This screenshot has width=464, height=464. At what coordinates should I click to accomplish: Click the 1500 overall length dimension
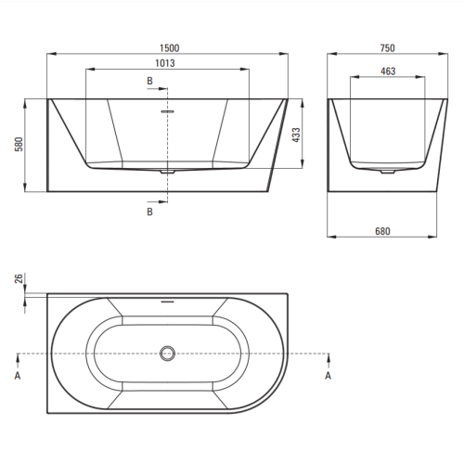pos(170,48)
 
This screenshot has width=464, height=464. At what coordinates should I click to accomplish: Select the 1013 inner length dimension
pos(165,63)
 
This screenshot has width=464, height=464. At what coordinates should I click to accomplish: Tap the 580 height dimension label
pos(19,144)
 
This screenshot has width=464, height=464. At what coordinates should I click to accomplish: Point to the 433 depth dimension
pos(296,135)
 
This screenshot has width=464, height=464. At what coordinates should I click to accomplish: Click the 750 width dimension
pos(388,48)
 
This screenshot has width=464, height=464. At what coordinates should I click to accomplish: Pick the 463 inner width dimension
pos(388,71)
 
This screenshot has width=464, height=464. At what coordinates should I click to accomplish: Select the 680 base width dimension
pos(382,231)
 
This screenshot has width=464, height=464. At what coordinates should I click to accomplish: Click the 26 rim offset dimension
pos(19,278)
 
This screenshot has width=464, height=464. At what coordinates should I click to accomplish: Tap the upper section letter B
pos(149,81)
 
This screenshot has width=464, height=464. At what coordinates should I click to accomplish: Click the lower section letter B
pos(149,212)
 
